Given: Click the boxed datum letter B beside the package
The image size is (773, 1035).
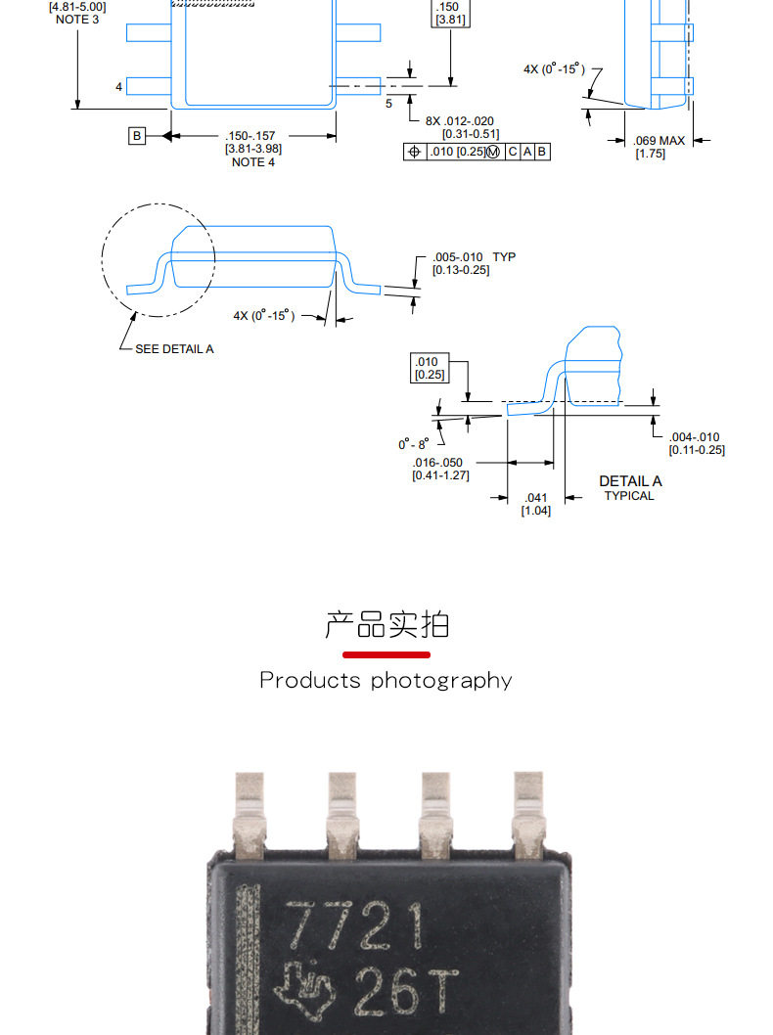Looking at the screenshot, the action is coord(137,136).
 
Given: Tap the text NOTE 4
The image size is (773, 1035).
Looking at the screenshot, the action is coord(252,162).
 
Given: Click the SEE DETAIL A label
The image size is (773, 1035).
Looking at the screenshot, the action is coord(174,349).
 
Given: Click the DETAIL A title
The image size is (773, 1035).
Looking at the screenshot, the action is coord(630,481).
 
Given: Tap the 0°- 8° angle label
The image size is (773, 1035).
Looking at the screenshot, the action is coord(413,444).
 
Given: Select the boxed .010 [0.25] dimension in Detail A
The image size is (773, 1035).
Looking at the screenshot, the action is coord(430,369).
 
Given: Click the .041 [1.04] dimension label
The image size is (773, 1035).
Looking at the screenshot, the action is coord(535,505).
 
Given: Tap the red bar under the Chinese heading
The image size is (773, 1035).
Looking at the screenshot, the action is coord(386,654).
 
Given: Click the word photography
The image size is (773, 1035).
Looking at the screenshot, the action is coord(441,681).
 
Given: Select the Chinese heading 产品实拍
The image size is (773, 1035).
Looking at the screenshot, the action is coord(386,624).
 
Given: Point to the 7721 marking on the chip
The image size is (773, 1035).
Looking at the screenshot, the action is coord(355,925).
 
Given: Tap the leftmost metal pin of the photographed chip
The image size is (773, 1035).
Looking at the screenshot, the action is coord(250,815).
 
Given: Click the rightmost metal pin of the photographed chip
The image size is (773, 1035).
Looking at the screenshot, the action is coord(528,815).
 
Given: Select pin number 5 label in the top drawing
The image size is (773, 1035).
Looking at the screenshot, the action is coord(388,104).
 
